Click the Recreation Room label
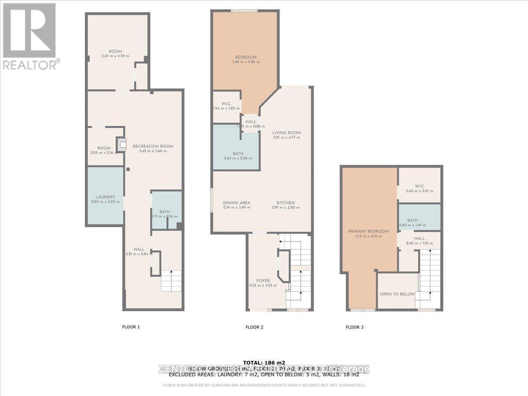click(x=153, y=146)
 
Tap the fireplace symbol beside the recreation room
click(x=121, y=144)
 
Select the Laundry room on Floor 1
click(x=105, y=197)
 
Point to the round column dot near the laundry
click(x=128, y=169)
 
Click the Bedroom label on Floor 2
click(x=246, y=57)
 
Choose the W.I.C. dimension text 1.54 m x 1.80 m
click(x=227, y=108)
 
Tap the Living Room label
click(x=286, y=132)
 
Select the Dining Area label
click(x=236, y=203)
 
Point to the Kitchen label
click(x=286, y=203)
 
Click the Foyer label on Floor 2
click(x=263, y=281)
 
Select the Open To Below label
click(x=397, y=294)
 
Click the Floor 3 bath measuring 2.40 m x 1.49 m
click(x=419, y=220)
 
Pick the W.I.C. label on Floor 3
click(x=419, y=186)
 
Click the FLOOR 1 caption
click(x=131, y=327)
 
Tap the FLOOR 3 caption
click(x=355, y=327)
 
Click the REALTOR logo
click(x=29, y=35)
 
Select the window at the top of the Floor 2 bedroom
click(x=245, y=11)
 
